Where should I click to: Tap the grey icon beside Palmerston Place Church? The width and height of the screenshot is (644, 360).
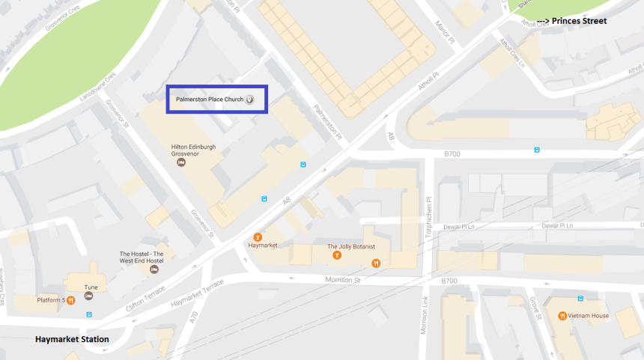251,99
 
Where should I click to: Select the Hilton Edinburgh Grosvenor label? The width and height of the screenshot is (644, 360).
194,150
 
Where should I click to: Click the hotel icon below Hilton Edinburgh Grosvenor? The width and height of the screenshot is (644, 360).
180,163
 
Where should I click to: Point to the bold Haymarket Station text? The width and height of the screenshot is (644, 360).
72,340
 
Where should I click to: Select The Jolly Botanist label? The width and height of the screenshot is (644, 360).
350,245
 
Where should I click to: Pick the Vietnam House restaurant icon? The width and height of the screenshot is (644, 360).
562,315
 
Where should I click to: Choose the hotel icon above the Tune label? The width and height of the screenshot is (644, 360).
89,275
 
